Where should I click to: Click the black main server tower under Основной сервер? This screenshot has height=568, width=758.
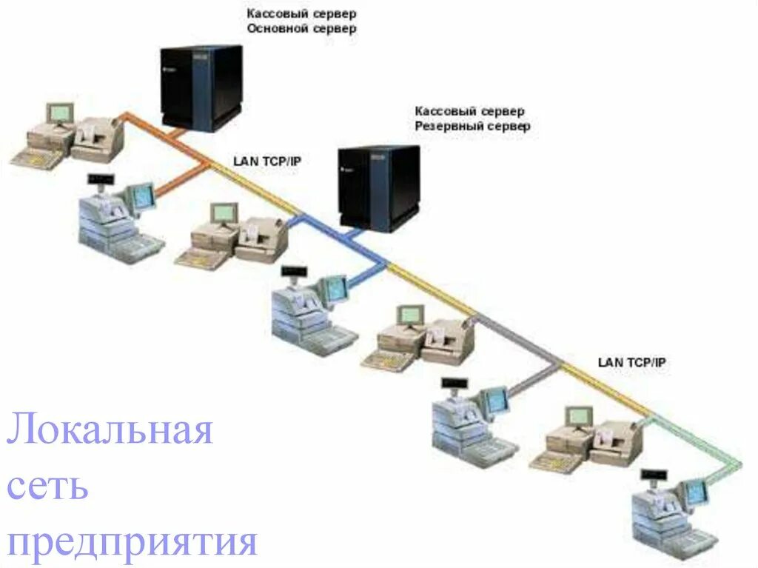[201, 87]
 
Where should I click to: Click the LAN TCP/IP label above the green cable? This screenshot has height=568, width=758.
[631, 362]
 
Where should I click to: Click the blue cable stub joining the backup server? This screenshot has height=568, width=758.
[354, 235]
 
